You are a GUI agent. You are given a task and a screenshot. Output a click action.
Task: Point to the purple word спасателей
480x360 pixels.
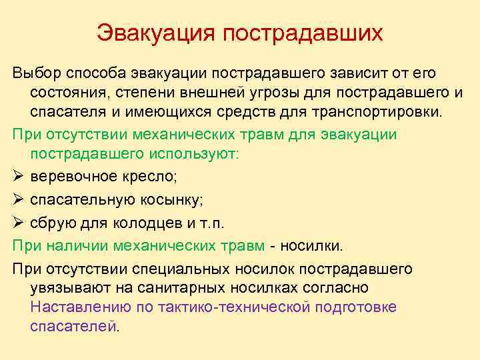73,327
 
